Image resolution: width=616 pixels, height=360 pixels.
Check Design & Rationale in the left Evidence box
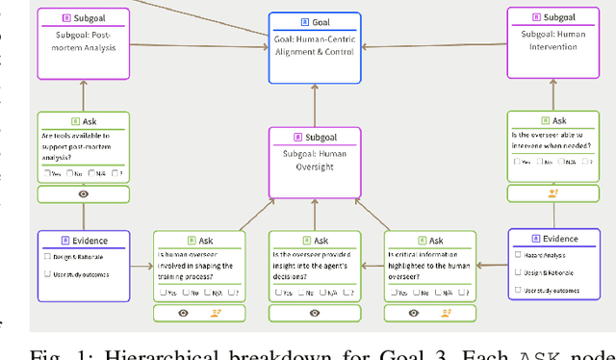pyautogui.click(x=47, y=256)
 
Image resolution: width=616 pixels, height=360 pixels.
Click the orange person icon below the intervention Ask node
pyautogui.click(x=552, y=193)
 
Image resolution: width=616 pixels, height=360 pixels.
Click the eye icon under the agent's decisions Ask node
pyautogui.click(x=314, y=313)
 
